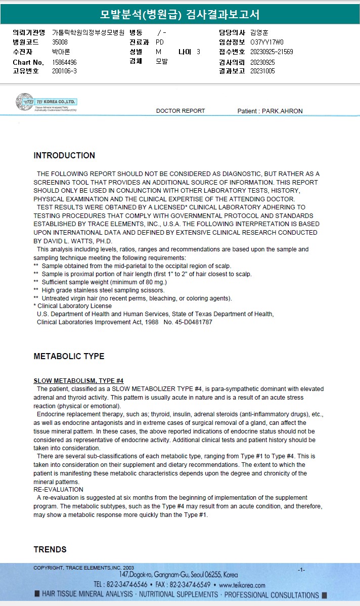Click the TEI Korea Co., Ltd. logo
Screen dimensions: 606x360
pyautogui.click(x=46, y=102)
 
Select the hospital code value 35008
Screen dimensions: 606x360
pyautogui.click(x=60, y=42)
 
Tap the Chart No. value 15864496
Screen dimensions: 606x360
pyautogui.click(x=64, y=62)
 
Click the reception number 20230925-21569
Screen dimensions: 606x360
pyautogui.click(x=272, y=52)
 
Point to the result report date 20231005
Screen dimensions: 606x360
pyautogui.click(x=262, y=71)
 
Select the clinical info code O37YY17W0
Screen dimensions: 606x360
pyautogui.click(x=267, y=42)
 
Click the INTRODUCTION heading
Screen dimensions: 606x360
pyautogui.click(x=64, y=156)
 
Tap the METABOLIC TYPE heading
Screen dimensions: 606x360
pyautogui.click(x=69, y=357)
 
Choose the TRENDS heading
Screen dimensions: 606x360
pyautogui.click(x=50, y=550)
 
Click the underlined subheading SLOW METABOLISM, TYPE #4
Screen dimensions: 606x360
pyautogui.click(x=78, y=381)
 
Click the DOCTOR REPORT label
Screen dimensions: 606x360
pyautogui.click(x=181, y=111)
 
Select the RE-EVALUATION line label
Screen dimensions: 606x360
pyautogui.click(x=58, y=490)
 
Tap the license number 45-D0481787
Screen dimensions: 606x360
pyautogui.click(x=193, y=322)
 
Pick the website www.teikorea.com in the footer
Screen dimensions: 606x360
pyautogui.click(x=242, y=585)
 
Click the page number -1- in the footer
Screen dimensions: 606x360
pyautogui.click(x=301, y=570)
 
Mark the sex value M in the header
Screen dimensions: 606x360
pyautogui.click(x=158, y=52)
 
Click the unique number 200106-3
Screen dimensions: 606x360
pyautogui.click(x=64, y=71)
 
